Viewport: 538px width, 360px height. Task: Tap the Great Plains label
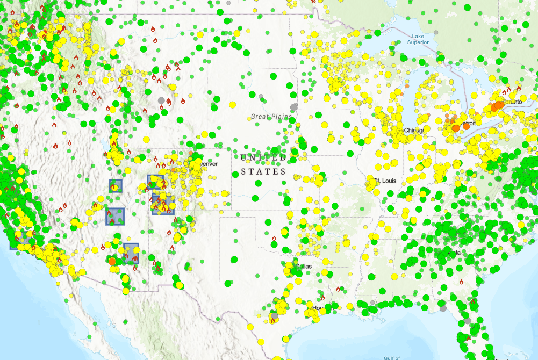(x=271, y=117)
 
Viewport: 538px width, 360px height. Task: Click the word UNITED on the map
(x=263, y=158)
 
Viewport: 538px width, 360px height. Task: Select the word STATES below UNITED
(x=263, y=172)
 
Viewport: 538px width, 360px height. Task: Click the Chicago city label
(x=414, y=131)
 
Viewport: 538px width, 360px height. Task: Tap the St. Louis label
(x=385, y=181)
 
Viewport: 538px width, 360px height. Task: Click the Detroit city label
(x=468, y=124)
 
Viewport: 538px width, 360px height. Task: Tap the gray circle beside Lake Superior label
(x=435, y=33)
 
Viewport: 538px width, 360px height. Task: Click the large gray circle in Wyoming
(x=161, y=100)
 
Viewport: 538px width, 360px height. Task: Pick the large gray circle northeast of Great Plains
(x=293, y=106)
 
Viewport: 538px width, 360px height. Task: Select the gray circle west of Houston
(x=274, y=315)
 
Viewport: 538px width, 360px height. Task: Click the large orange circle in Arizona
(x=112, y=261)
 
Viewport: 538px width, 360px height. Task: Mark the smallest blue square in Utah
(x=116, y=186)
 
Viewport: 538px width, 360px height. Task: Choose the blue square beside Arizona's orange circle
(x=131, y=253)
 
